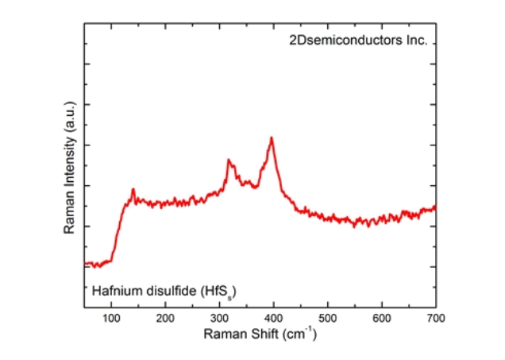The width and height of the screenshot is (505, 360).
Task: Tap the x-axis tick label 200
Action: pos(165,319)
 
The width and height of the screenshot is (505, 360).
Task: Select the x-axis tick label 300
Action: pos(219,319)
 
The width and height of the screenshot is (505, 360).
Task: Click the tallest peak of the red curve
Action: pos(272,138)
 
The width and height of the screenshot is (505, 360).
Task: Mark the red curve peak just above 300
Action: pos(229,161)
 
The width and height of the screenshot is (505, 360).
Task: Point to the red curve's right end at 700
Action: pos(434,208)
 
